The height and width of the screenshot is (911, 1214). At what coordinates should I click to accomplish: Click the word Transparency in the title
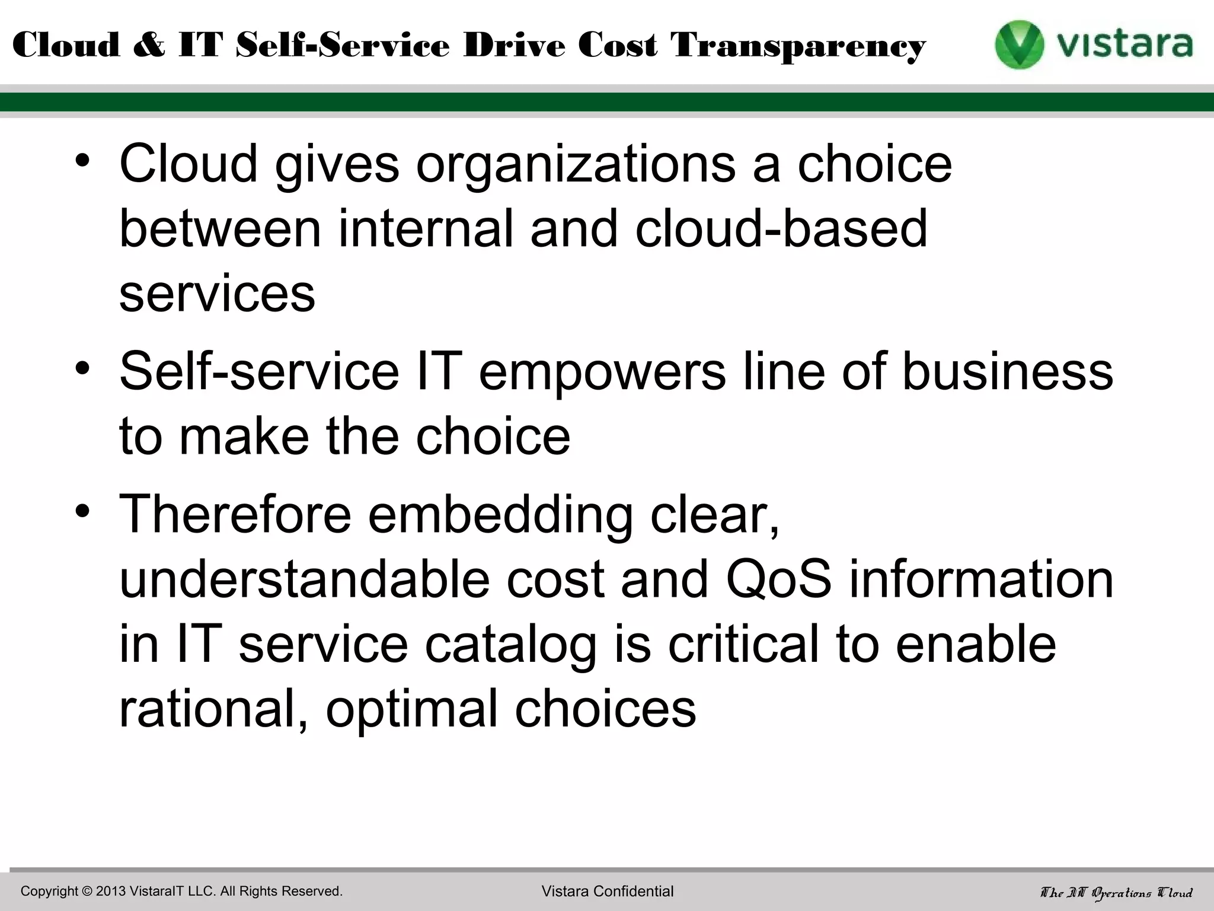798,46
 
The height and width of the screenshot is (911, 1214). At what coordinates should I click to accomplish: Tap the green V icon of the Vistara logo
1019,45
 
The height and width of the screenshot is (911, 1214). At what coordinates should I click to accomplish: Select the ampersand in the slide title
149,46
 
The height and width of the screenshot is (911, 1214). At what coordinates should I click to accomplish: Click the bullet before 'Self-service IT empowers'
83,368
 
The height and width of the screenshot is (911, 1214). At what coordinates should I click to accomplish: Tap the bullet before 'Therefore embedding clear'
83,511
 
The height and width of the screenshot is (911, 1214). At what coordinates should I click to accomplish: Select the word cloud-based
781,229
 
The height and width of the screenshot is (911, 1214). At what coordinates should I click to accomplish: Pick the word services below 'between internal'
217,294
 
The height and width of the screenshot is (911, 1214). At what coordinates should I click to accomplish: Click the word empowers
602,372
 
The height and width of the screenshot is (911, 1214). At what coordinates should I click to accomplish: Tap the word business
1007,371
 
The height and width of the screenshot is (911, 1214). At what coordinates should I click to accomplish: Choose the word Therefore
235,514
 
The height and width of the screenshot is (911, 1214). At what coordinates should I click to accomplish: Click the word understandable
304,579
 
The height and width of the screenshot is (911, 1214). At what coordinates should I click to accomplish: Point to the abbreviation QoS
778,580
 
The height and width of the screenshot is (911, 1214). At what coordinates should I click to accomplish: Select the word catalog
510,645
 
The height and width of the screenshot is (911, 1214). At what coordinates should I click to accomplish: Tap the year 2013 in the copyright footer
111,891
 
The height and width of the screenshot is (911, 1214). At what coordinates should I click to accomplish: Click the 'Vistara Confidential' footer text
607,891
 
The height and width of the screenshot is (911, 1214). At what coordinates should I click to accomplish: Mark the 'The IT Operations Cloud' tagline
1116,892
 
